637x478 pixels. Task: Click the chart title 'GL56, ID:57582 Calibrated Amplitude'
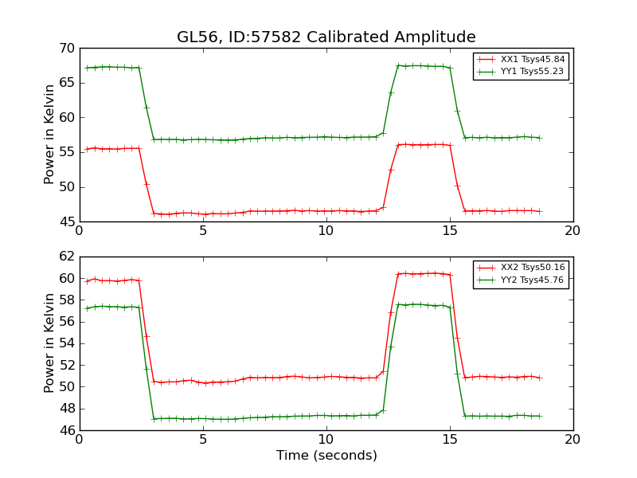[326, 37]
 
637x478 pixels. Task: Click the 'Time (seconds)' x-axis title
[326, 456]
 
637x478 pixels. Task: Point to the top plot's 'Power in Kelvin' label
[49, 135]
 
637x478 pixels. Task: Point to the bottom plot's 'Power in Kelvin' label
[49, 343]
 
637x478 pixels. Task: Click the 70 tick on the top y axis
[66, 49]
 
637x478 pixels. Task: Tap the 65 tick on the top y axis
[66, 83]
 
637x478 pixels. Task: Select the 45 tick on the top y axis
[66, 221]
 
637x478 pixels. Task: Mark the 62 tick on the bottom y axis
[66, 257]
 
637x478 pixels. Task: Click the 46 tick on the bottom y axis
[66, 430]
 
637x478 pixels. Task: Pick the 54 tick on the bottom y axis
[66, 343]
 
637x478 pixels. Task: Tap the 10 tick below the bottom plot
[326, 440]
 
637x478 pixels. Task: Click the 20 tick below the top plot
[573, 231]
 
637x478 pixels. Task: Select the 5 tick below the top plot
[202, 231]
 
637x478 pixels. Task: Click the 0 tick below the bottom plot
[79, 440]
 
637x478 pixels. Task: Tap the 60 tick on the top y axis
[66, 118]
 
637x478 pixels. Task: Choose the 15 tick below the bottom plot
[449, 440]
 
